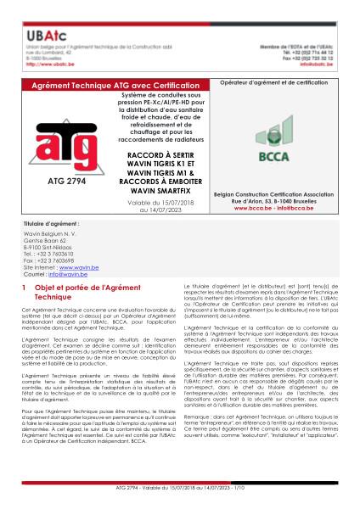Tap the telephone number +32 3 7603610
tap(60, 284)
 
